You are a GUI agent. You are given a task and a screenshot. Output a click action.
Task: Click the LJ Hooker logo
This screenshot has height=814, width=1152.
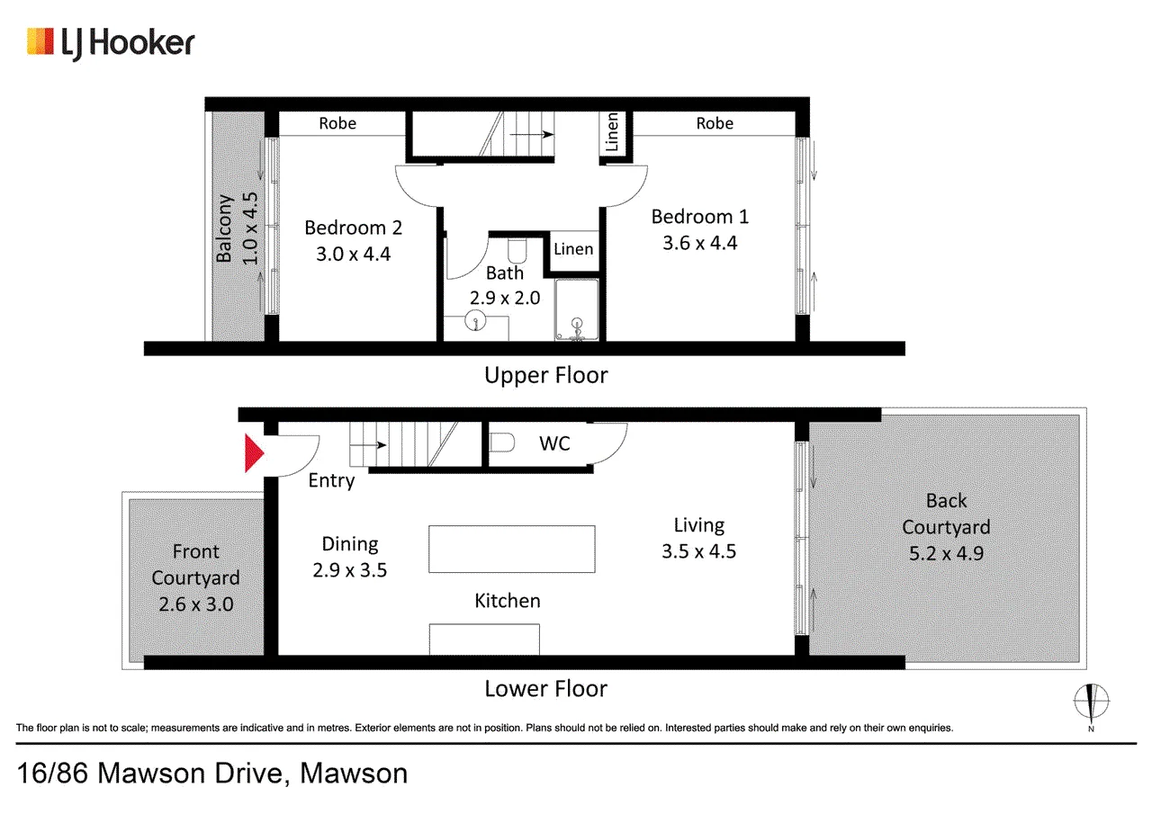click(x=111, y=44)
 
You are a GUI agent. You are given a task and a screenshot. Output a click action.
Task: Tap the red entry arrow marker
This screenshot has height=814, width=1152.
click(x=254, y=453)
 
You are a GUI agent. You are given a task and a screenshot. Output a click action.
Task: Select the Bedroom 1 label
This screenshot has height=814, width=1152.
click(x=700, y=217)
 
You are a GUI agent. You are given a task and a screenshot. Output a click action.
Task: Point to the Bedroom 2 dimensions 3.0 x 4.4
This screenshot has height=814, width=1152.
click(x=354, y=254)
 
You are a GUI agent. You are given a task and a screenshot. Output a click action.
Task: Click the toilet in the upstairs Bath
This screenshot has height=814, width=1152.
click(x=517, y=250)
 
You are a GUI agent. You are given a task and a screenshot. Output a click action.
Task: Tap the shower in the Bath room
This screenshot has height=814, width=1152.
click(x=577, y=309)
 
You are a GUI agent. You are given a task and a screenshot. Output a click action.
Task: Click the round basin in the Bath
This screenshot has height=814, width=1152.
click(x=476, y=322)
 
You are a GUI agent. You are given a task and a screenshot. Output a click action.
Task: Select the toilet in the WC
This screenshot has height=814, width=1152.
click(x=501, y=443)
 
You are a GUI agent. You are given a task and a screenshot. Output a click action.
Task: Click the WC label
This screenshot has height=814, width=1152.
click(x=554, y=443)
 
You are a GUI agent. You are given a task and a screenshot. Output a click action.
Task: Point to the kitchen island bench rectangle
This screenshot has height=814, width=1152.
click(x=512, y=549)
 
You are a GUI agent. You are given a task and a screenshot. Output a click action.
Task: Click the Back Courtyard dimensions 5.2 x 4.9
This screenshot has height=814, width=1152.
click(x=946, y=553)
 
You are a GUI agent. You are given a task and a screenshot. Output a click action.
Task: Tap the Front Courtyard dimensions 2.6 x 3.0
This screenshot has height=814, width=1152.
click(x=196, y=604)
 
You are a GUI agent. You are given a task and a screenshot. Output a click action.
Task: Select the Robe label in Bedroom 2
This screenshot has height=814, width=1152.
click(x=337, y=123)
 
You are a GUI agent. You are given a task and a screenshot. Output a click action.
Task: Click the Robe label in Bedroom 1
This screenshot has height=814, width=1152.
click(x=715, y=123)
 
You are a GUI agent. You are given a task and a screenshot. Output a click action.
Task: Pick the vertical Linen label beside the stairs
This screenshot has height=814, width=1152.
click(x=612, y=132)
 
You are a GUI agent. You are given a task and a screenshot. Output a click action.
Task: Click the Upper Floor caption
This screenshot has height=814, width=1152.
click(x=545, y=376)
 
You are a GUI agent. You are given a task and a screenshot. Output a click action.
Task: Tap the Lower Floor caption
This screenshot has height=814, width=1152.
click(x=545, y=689)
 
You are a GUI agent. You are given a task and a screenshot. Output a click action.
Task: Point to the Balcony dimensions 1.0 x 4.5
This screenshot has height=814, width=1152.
click(x=250, y=228)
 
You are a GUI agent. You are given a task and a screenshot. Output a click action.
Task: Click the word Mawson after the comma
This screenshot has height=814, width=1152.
click(x=354, y=774)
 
